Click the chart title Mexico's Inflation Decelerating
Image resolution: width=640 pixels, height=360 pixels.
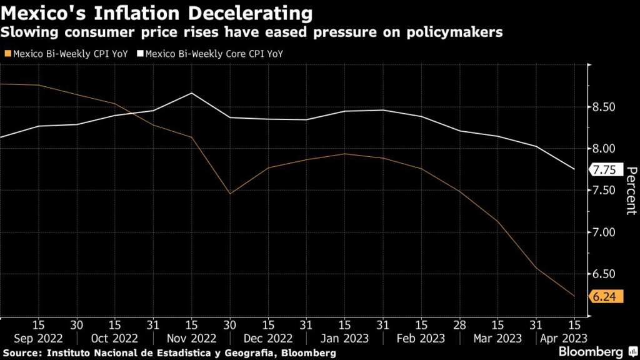coord(157,12)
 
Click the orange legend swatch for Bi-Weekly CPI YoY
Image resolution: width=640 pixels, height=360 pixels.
coord(7,54)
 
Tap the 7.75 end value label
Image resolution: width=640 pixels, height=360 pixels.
coord(604,169)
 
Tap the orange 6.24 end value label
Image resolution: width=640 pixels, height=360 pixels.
coord(604,297)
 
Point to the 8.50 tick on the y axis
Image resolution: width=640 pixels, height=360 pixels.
coord(604,107)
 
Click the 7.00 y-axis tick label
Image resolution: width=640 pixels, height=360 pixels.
coord(604,232)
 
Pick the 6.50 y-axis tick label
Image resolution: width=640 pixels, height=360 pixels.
coord(604,274)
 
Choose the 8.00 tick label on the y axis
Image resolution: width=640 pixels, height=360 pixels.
coord(604,149)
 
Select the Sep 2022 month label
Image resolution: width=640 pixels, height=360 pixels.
coord(37,338)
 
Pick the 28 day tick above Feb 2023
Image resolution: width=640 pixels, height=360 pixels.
coord(460,325)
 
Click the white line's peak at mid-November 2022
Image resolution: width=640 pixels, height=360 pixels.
coord(191,93)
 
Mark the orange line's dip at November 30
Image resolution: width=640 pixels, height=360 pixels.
coord(230,194)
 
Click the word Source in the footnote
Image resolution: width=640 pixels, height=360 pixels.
coord(24,353)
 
